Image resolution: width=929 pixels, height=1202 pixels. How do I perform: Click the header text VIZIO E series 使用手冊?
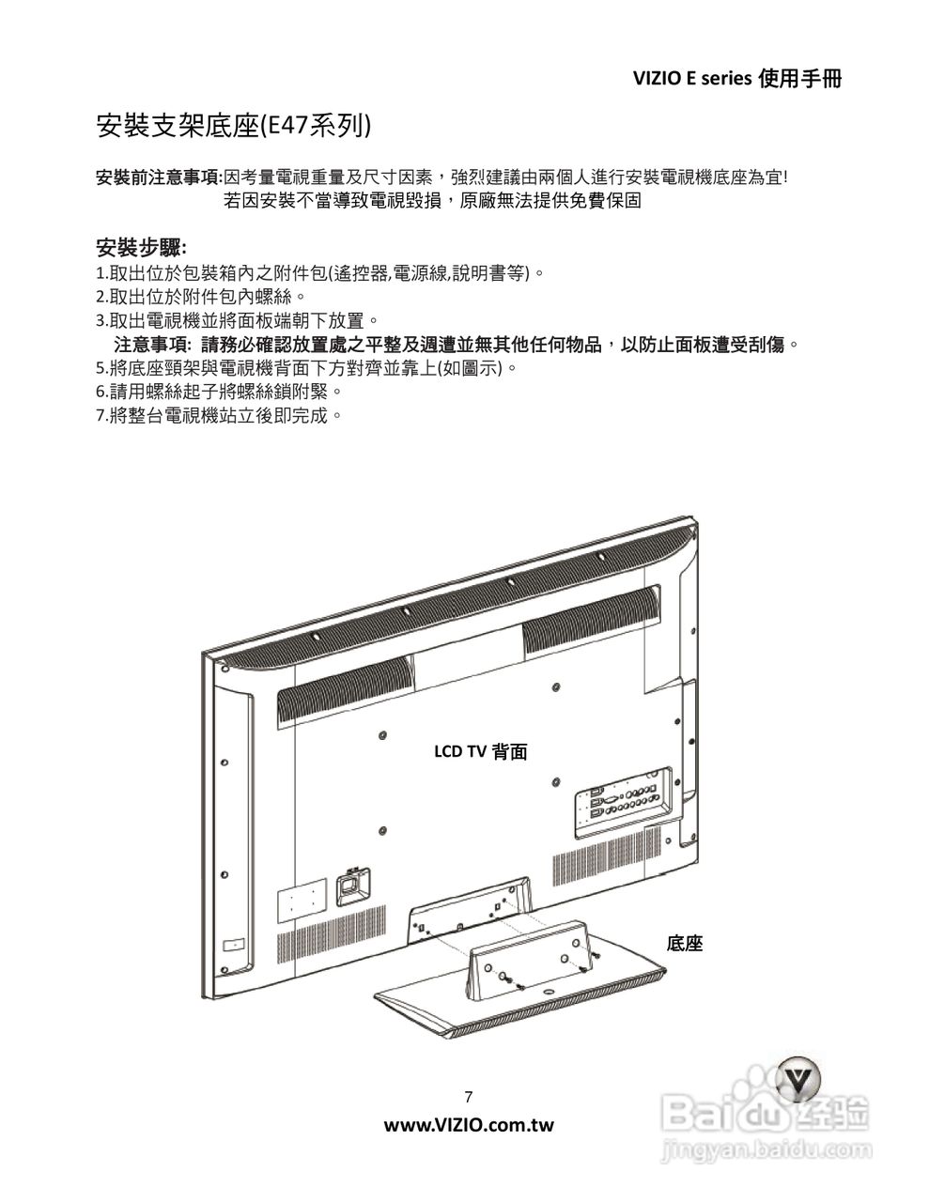pos(737,79)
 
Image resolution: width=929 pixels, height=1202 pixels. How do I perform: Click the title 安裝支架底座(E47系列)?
pos(234,127)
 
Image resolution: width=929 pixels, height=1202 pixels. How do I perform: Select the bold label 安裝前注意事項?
pos(160,177)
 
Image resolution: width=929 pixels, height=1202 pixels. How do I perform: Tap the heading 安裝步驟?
pos(141,247)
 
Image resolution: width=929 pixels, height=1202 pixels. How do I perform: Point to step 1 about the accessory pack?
pos(320,273)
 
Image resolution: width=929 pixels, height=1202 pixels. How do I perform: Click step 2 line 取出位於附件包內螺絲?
pos(201,297)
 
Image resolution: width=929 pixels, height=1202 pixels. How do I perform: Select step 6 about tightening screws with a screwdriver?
pos(220,392)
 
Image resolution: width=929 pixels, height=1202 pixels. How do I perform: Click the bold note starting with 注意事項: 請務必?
pos(457,345)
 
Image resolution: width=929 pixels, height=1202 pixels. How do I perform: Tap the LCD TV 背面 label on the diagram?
pos(480,751)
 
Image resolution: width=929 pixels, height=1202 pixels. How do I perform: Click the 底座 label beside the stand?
pos(685,943)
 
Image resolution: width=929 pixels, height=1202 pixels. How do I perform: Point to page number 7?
pos(469,1097)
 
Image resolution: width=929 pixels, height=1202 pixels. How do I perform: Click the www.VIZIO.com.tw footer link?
pos(469,1125)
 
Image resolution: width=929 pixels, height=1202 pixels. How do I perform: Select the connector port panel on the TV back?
pos(624,802)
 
